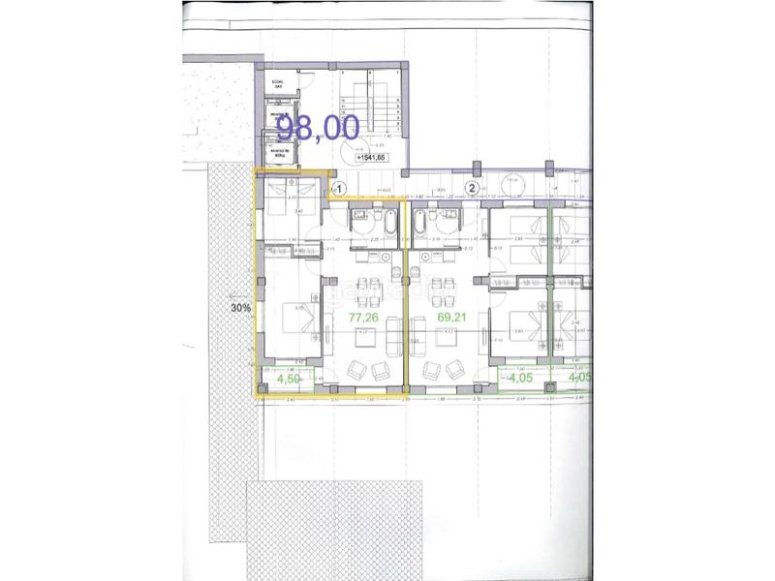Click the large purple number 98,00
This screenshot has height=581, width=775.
(x=318, y=127)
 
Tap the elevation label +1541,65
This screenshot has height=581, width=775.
(x=371, y=157)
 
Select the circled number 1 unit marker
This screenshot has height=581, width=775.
(x=339, y=189)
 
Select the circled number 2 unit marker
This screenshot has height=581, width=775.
(x=473, y=189)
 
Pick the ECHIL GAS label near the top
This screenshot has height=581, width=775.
(x=277, y=85)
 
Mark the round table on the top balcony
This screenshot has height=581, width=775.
(x=512, y=180)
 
